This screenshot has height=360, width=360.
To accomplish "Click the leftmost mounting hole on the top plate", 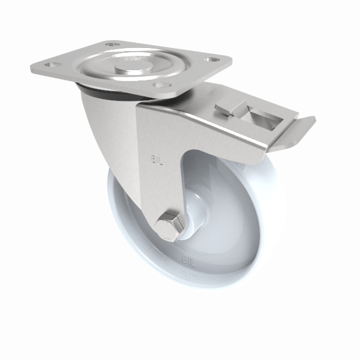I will [x=52, y=64].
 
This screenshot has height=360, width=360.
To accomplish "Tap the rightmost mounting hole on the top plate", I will [x=212, y=59].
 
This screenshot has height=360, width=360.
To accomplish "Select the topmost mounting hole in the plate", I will [x=112, y=44].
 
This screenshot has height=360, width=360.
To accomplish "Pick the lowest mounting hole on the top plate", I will [x=158, y=85].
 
